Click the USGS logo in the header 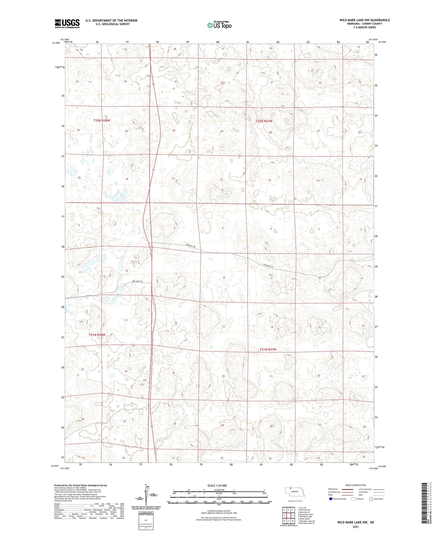(67, 23)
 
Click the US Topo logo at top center (219, 25)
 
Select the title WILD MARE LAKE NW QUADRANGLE (364, 20)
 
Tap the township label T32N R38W (101, 121)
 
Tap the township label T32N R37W (264, 121)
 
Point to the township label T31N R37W (268, 350)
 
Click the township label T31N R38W (97, 335)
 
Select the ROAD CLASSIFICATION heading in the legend (356, 485)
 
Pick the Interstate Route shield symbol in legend (331, 499)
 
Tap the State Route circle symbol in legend (371, 499)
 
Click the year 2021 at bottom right (355, 527)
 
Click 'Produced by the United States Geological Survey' (81, 485)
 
